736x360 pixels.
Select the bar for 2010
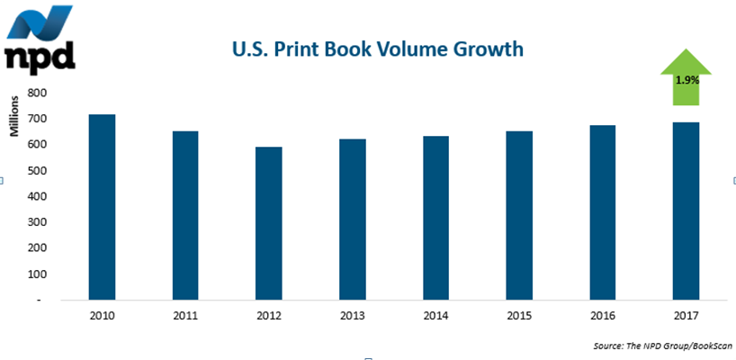coord(102,207)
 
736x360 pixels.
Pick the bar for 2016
coord(602,212)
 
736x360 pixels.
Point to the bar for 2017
coord(686,211)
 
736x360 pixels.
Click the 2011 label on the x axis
coord(184,316)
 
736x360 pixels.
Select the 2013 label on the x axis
coord(352,316)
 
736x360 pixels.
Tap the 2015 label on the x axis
coord(518,316)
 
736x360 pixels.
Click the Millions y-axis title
coord(14,116)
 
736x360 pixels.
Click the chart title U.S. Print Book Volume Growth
coord(377,49)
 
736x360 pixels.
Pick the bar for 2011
coord(184,215)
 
